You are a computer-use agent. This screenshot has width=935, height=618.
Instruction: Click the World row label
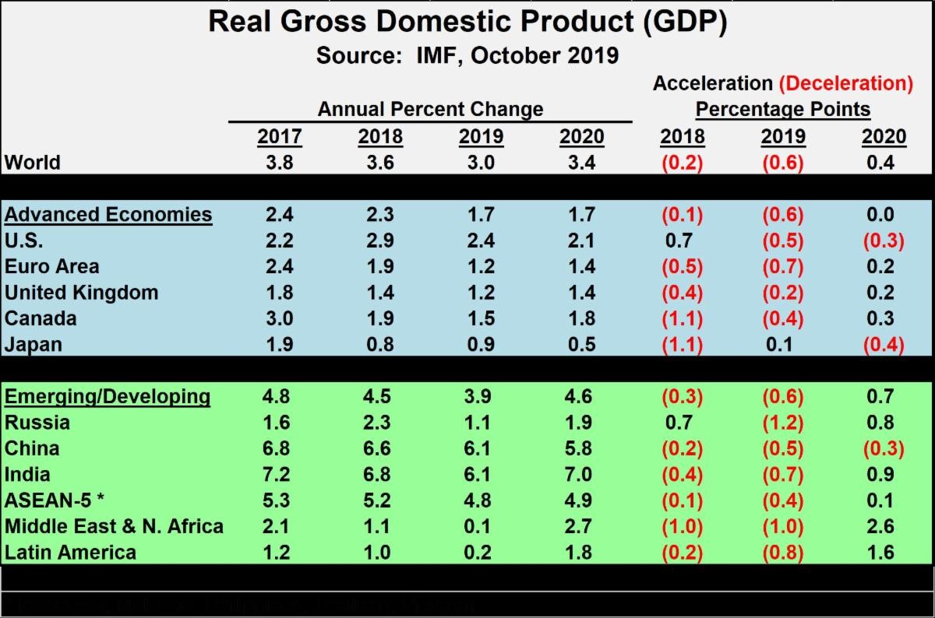pos(32,163)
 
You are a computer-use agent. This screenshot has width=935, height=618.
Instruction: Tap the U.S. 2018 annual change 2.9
pos(380,241)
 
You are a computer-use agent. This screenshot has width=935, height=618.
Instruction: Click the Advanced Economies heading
pos(108,214)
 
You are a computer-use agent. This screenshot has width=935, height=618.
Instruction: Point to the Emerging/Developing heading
pos(108,396)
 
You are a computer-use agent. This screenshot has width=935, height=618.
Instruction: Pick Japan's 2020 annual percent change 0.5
pos(581,344)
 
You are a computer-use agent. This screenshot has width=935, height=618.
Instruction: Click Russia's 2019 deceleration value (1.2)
pos(783,423)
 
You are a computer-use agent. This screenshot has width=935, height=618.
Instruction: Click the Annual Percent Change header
pos(430,109)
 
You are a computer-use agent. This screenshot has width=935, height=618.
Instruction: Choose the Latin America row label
pos(70,553)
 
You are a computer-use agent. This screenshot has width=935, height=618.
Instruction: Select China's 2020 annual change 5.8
pos(581,448)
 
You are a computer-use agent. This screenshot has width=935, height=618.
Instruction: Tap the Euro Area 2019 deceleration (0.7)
pos(783,266)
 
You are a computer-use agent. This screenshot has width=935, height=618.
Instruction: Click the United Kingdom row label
pos(81,293)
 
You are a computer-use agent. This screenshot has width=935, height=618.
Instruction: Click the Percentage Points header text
pos(783,109)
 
